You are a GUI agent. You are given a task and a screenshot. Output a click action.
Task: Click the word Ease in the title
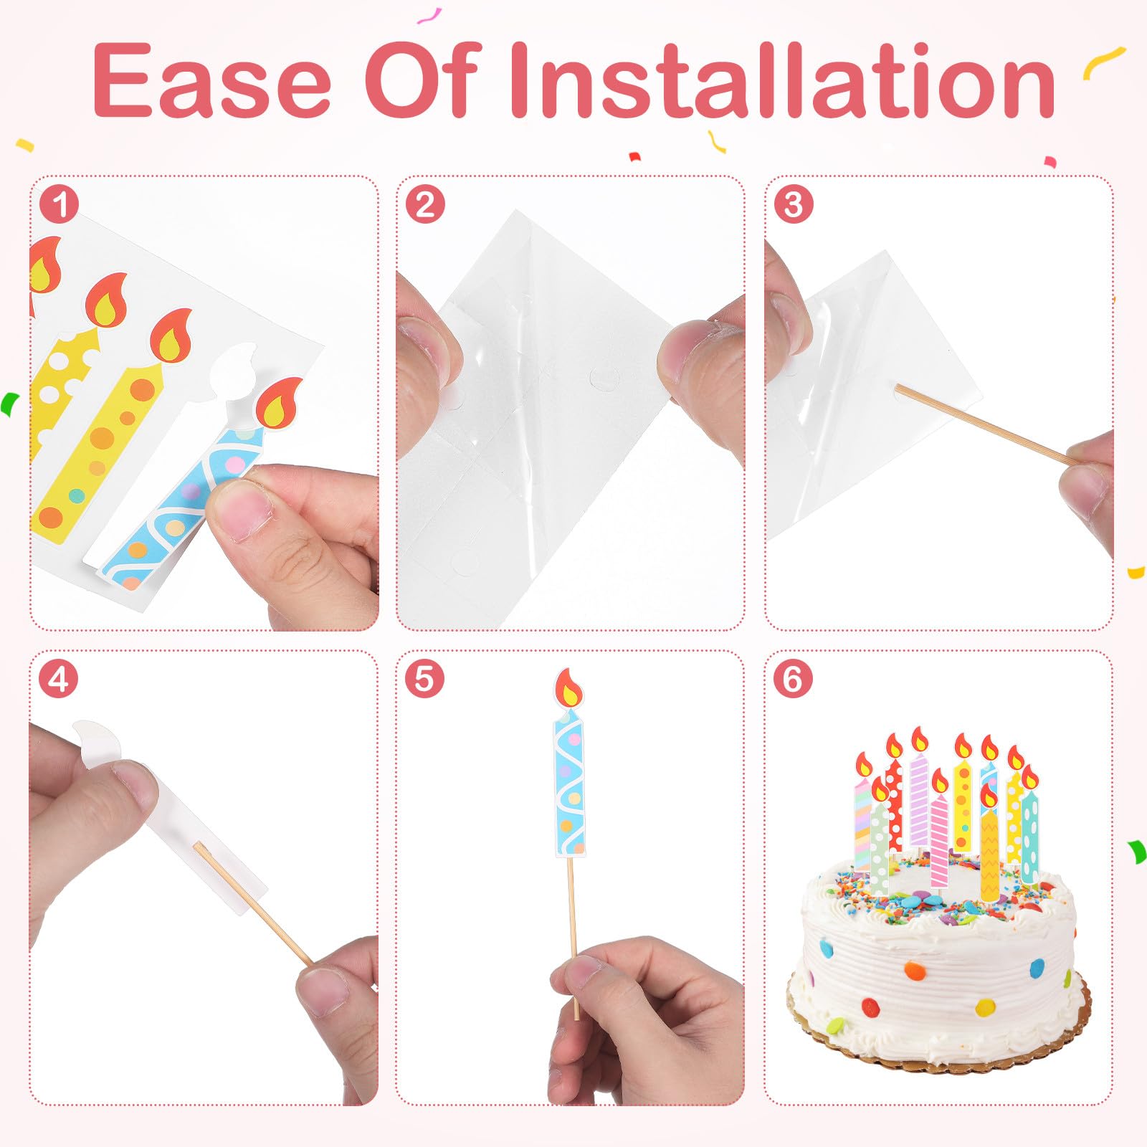click(211, 80)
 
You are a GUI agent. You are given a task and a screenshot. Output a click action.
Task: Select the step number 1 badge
click(59, 204)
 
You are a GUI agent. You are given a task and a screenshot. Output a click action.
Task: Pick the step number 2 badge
click(425, 204)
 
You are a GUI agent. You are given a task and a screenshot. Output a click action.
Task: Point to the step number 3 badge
click(793, 204)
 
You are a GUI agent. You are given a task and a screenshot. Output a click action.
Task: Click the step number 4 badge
click(59, 679)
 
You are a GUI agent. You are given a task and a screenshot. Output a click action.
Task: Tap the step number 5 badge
click(425, 679)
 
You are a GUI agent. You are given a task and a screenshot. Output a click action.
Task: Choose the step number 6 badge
click(793, 679)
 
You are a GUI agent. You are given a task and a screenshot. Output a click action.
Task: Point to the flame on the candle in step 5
click(568, 687)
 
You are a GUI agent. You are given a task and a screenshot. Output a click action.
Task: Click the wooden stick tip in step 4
click(196, 846)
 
